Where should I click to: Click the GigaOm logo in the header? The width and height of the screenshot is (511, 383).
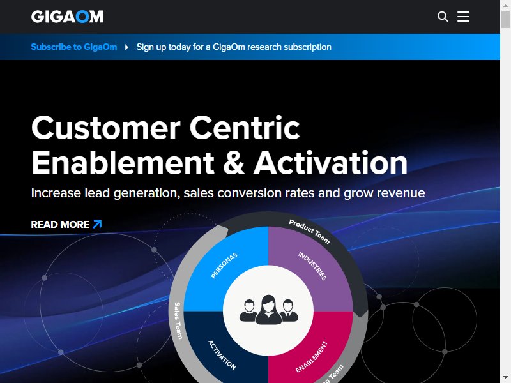click(x=68, y=17)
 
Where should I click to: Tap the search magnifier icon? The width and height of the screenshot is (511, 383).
click(x=443, y=17)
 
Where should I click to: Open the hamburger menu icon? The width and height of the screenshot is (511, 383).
click(x=463, y=17)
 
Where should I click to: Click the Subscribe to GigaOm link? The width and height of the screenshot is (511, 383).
click(x=74, y=47)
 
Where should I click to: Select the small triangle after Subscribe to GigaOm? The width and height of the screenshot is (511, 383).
click(x=126, y=47)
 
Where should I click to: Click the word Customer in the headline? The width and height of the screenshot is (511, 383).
click(x=106, y=128)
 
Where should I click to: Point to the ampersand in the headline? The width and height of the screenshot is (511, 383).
click(x=234, y=162)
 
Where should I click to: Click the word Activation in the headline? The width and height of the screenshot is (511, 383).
click(x=330, y=162)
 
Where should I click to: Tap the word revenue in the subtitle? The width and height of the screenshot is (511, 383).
click(x=401, y=193)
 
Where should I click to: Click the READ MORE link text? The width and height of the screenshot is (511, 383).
click(x=60, y=225)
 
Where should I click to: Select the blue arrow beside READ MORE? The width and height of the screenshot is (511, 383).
click(x=98, y=224)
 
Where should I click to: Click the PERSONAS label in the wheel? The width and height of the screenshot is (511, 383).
click(x=224, y=266)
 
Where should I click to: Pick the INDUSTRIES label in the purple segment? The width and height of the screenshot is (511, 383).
click(x=312, y=266)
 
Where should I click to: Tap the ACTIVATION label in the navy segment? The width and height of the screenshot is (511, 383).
click(x=222, y=355)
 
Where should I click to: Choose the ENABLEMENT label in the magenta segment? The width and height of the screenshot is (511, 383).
click(x=311, y=357)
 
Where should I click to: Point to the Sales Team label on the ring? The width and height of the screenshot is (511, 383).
click(x=178, y=320)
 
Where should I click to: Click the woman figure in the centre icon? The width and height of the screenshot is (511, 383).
click(x=268, y=310)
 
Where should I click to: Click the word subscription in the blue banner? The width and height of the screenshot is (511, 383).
click(x=307, y=47)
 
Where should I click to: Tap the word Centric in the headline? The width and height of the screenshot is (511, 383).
click(x=245, y=128)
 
